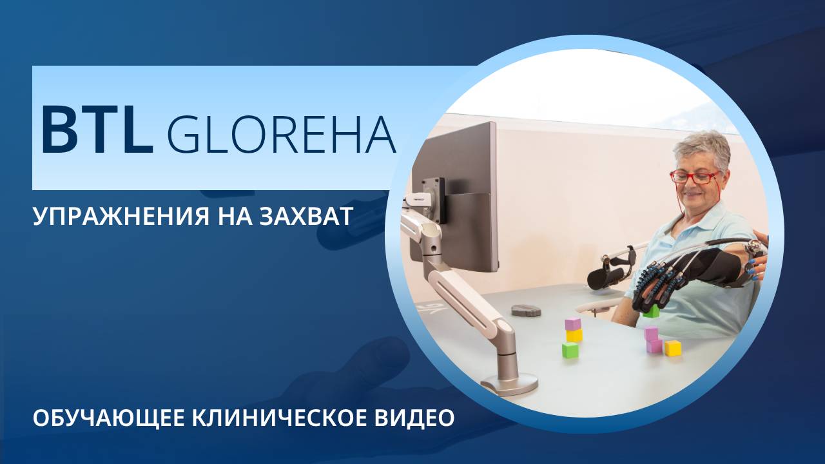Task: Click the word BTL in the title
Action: tap(97, 129)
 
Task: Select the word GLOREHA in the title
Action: tap(281, 135)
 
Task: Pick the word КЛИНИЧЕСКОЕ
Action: tap(280, 417)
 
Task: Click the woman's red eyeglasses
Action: tap(694, 176)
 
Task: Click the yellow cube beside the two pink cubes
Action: tap(673, 348)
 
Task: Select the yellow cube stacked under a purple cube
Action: tap(574, 335)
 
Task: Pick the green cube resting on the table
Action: tap(570, 350)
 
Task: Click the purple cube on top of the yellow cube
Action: tap(572, 324)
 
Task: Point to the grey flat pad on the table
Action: tap(525, 311)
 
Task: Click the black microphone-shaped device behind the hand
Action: tap(606, 278)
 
